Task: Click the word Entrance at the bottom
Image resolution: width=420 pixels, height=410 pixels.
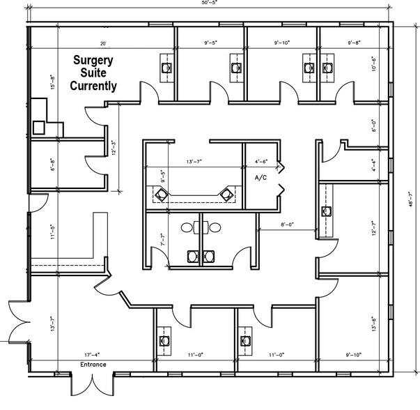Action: (x=93, y=365)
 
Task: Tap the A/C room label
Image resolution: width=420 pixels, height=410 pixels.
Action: (x=262, y=178)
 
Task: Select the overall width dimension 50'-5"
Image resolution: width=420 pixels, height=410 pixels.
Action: (x=210, y=4)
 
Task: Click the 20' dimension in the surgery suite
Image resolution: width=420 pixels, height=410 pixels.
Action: (x=103, y=43)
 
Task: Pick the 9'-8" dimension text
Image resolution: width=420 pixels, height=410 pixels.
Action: (x=355, y=43)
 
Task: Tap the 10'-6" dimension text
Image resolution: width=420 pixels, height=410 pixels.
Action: (x=373, y=66)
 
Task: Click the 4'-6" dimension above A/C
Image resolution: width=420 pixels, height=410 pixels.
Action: (x=261, y=162)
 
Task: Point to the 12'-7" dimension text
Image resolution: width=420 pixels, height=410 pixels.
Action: (x=373, y=229)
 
